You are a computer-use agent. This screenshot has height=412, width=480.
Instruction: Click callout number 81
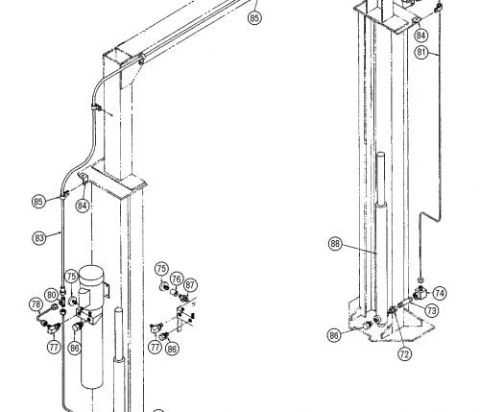421,52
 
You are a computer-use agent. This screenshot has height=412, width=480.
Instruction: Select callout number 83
39,238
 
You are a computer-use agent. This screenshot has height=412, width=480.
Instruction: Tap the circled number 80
52,295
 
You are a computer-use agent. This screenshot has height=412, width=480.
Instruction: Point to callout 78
36,304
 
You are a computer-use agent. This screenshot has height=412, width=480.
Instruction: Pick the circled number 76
177,279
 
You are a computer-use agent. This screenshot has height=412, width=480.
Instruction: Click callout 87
190,285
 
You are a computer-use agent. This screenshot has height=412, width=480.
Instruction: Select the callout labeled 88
335,244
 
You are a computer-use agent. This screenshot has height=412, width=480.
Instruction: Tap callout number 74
440,293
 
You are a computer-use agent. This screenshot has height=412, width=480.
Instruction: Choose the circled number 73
432,310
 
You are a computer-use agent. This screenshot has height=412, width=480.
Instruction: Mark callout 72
404,353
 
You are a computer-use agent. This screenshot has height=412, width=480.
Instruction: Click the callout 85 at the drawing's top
254,17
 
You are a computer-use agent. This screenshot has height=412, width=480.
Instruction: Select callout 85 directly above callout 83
38,202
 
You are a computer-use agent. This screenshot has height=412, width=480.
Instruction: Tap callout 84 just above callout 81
420,35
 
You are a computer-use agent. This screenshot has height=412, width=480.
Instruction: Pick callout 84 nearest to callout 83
83,206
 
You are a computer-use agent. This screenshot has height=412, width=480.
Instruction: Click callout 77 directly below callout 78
54,347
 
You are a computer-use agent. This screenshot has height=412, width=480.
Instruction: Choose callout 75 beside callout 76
161,269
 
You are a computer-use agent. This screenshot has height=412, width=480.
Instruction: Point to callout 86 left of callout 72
334,335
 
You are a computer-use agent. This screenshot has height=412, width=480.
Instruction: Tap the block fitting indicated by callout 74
420,293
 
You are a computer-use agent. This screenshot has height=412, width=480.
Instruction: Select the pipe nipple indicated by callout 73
404,303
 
